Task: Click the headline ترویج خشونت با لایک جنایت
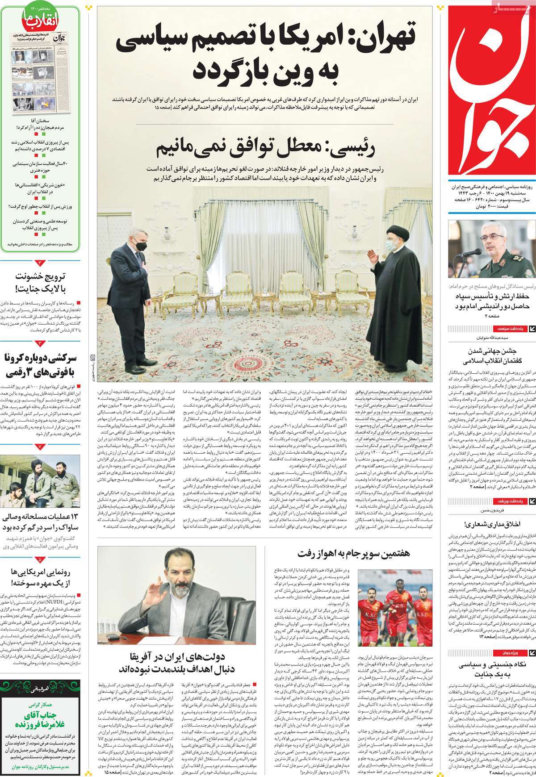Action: tap(40, 282)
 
